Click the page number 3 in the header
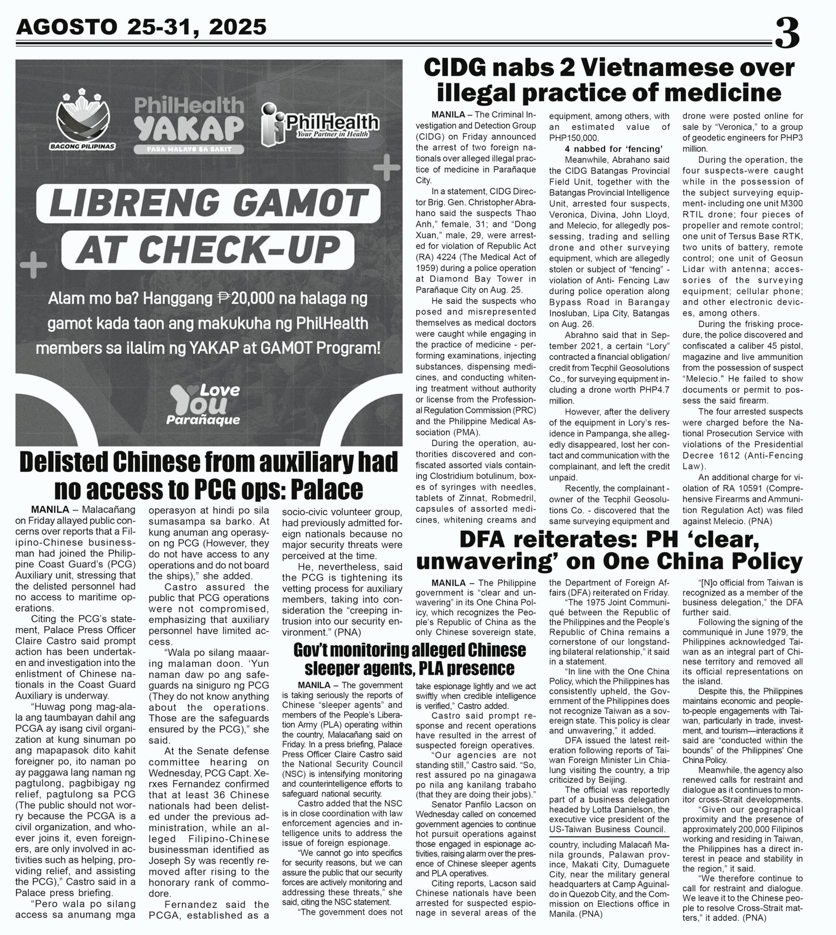[x=786, y=32]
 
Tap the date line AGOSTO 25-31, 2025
[x=141, y=26]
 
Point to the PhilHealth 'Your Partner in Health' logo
[x=321, y=125]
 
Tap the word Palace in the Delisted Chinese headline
[x=323, y=489]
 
